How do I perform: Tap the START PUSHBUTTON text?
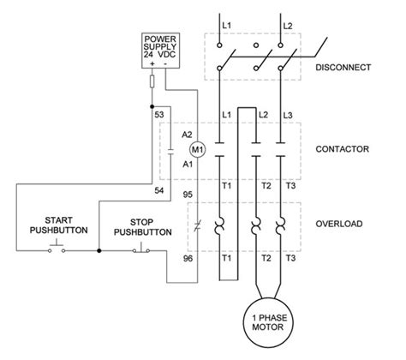click(x=56, y=225)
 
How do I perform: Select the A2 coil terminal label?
click(x=188, y=134)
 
